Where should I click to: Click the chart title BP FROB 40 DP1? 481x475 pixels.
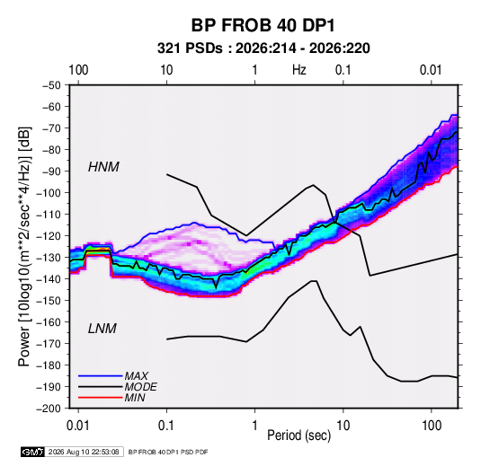click(263, 25)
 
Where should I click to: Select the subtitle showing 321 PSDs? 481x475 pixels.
click(263, 48)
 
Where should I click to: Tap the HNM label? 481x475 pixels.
click(103, 167)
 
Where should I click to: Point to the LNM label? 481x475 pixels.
click(102, 329)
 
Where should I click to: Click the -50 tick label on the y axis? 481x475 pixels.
click(51, 85)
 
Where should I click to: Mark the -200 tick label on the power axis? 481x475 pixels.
click(49, 409)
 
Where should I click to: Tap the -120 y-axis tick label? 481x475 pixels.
click(49, 236)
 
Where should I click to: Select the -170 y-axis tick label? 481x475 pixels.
click(49, 344)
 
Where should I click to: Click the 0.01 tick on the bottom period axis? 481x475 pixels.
click(77, 426)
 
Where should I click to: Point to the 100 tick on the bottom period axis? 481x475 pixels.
click(432, 426)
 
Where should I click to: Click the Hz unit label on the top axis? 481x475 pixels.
click(299, 70)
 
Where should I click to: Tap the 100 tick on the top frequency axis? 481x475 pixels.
click(78, 70)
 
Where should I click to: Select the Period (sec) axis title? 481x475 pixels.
click(299, 435)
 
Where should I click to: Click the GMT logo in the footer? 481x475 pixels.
click(33, 452)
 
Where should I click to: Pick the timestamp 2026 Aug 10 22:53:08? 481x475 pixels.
click(84, 452)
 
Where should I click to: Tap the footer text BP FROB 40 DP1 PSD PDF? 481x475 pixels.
click(168, 452)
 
